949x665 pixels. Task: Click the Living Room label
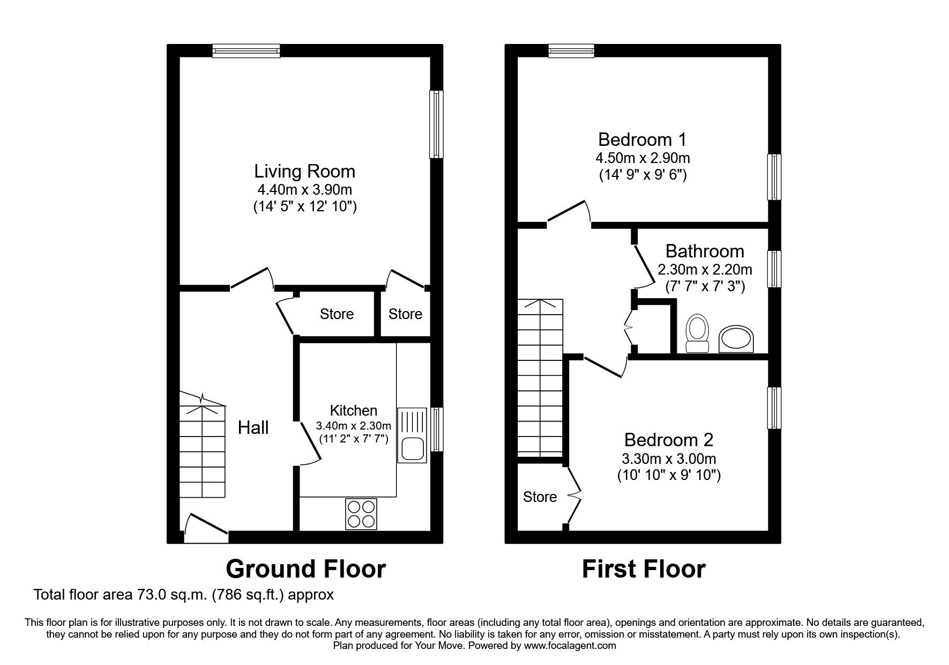point(304,172)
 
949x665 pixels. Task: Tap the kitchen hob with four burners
point(361,514)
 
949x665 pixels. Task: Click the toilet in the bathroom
point(697,335)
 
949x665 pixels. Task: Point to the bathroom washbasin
point(737,339)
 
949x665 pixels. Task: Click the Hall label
point(253,427)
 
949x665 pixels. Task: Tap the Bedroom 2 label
point(668,440)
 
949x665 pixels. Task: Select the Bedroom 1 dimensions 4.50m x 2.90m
point(642,158)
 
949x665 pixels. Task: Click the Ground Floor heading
point(305,569)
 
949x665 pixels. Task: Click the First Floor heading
point(643,569)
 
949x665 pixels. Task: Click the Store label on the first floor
point(540,497)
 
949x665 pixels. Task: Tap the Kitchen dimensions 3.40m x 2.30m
point(353,426)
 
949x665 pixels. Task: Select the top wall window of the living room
point(246,50)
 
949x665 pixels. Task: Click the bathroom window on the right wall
point(774,269)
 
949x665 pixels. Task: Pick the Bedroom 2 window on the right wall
point(774,408)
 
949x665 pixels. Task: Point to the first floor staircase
point(540,378)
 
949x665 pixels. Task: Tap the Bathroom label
point(704,251)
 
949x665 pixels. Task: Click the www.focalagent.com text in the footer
point(570,646)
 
